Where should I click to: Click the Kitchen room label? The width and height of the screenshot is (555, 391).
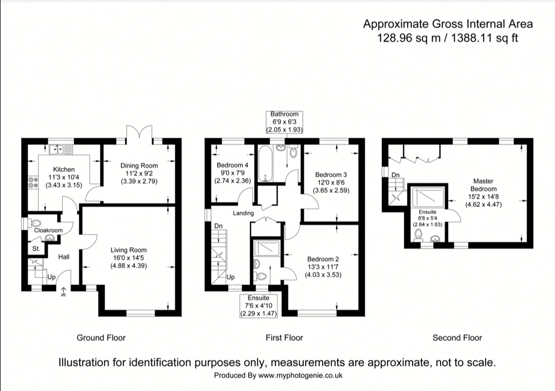coord(64,169)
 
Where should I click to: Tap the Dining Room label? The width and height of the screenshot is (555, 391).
coord(139,165)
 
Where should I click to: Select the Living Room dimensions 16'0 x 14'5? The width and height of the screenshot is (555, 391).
coord(129,258)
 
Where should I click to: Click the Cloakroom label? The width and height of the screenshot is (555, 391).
coord(48,231)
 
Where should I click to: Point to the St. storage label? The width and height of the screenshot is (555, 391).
coord(36,249)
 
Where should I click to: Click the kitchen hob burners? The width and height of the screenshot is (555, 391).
coord(32,182)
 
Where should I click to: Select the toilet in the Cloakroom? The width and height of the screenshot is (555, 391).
coord(34,224)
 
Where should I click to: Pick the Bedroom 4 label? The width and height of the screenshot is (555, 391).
coord(232,165)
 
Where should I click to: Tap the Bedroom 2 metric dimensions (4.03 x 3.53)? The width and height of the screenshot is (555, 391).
coord(323,275)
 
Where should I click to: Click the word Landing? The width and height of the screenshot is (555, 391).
coord(243,213)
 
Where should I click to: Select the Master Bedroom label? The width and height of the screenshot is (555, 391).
coord(483,185)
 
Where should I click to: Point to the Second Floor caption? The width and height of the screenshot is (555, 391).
coord(457,338)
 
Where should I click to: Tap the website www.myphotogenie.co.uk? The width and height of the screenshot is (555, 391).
coord(300,376)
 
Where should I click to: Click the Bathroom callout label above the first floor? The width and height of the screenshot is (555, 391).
coord(284,114)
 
